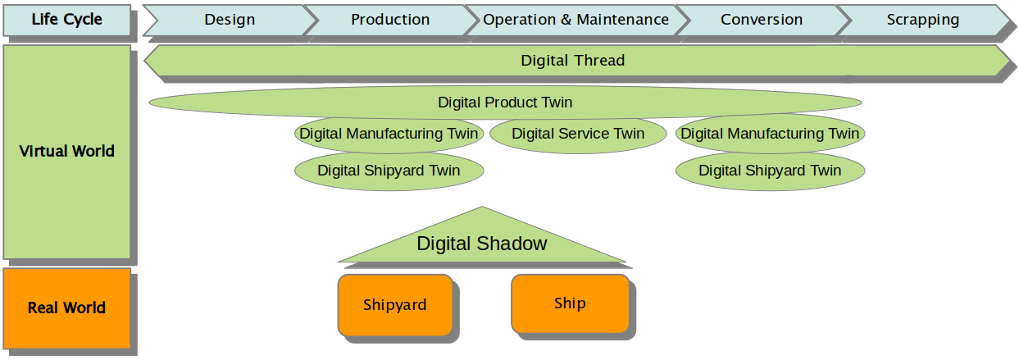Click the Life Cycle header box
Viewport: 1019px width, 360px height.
click(x=67, y=20)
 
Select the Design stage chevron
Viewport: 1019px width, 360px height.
click(x=230, y=20)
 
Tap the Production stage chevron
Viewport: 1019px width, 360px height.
click(x=390, y=20)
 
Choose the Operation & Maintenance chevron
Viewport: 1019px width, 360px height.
click(x=576, y=20)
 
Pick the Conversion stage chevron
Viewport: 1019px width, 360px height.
click(x=762, y=20)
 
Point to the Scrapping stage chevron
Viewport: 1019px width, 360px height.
click(x=923, y=20)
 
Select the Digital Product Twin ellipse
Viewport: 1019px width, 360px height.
click(x=505, y=103)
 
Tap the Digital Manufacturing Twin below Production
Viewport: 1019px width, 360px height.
click(x=389, y=134)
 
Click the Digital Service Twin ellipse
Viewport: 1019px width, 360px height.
click(x=578, y=134)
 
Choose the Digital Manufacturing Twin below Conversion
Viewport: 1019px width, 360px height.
click(x=770, y=134)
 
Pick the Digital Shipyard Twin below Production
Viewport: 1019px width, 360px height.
click(x=389, y=171)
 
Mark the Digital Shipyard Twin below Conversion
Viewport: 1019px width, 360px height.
click(x=770, y=171)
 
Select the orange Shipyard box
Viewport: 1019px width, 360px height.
click(x=395, y=305)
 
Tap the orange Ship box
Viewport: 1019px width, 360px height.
click(x=570, y=303)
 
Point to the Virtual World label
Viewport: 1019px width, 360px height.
click(x=67, y=151)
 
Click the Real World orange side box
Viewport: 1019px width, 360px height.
click(x=67, y=308)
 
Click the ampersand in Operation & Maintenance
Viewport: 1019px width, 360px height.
click(x=566, y=20)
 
